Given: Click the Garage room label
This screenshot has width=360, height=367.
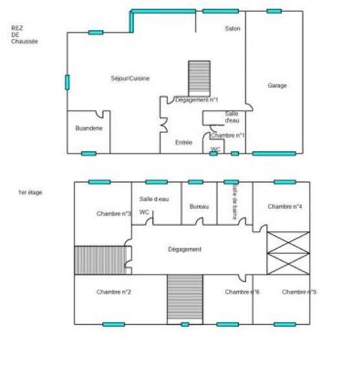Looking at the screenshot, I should (277, 86).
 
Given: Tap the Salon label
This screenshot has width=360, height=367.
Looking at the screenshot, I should (233, 29).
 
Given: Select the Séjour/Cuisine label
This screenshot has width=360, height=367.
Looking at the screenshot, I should (130, 78).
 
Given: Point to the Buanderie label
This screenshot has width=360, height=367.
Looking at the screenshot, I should (89, 129).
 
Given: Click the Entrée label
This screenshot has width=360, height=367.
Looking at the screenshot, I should (183, 142).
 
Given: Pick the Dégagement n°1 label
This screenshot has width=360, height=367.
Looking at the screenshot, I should (196, 99).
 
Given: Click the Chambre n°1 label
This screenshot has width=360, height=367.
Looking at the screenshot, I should (228, 135).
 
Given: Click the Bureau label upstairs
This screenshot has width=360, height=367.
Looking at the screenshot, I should (199, 206).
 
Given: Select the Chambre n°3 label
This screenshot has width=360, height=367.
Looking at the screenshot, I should (114, 214).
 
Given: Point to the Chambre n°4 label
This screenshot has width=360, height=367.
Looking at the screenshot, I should (285, 206).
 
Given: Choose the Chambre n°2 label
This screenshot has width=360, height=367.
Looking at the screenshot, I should (114, 292).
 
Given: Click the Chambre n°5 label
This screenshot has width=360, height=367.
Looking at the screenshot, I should (298, 292).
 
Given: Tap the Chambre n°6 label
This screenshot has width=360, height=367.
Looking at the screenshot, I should (242, 292).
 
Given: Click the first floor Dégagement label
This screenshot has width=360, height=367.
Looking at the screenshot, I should (184, 249).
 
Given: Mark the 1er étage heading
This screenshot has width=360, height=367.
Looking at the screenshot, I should (30, 193).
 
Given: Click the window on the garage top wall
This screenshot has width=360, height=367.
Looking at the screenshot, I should (274, 11).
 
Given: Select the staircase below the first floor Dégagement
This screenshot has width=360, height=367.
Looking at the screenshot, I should (185, 299).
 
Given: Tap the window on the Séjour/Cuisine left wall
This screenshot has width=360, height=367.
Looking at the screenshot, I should (67, 82).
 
